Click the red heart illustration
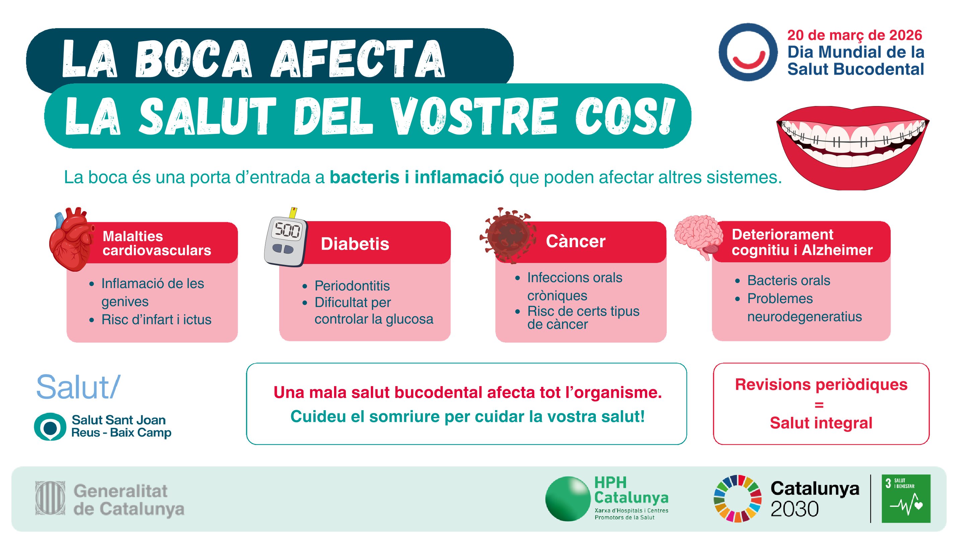click(x=72, y=240)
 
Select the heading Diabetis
click(x=355, y=244)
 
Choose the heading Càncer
click(x=576, y=241)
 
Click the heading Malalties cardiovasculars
click(x=157, y=243)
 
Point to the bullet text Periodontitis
click(x=352, y=286)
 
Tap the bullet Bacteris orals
click(x=789, y=281)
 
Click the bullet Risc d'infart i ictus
click(x=156, y=320)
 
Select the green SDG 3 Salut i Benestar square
click(x=906, y=499)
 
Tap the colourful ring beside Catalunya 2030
click(x=737, y=499)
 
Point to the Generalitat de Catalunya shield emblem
click(x=50, y=499)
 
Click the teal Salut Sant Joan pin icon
click(x=50, y=427)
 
